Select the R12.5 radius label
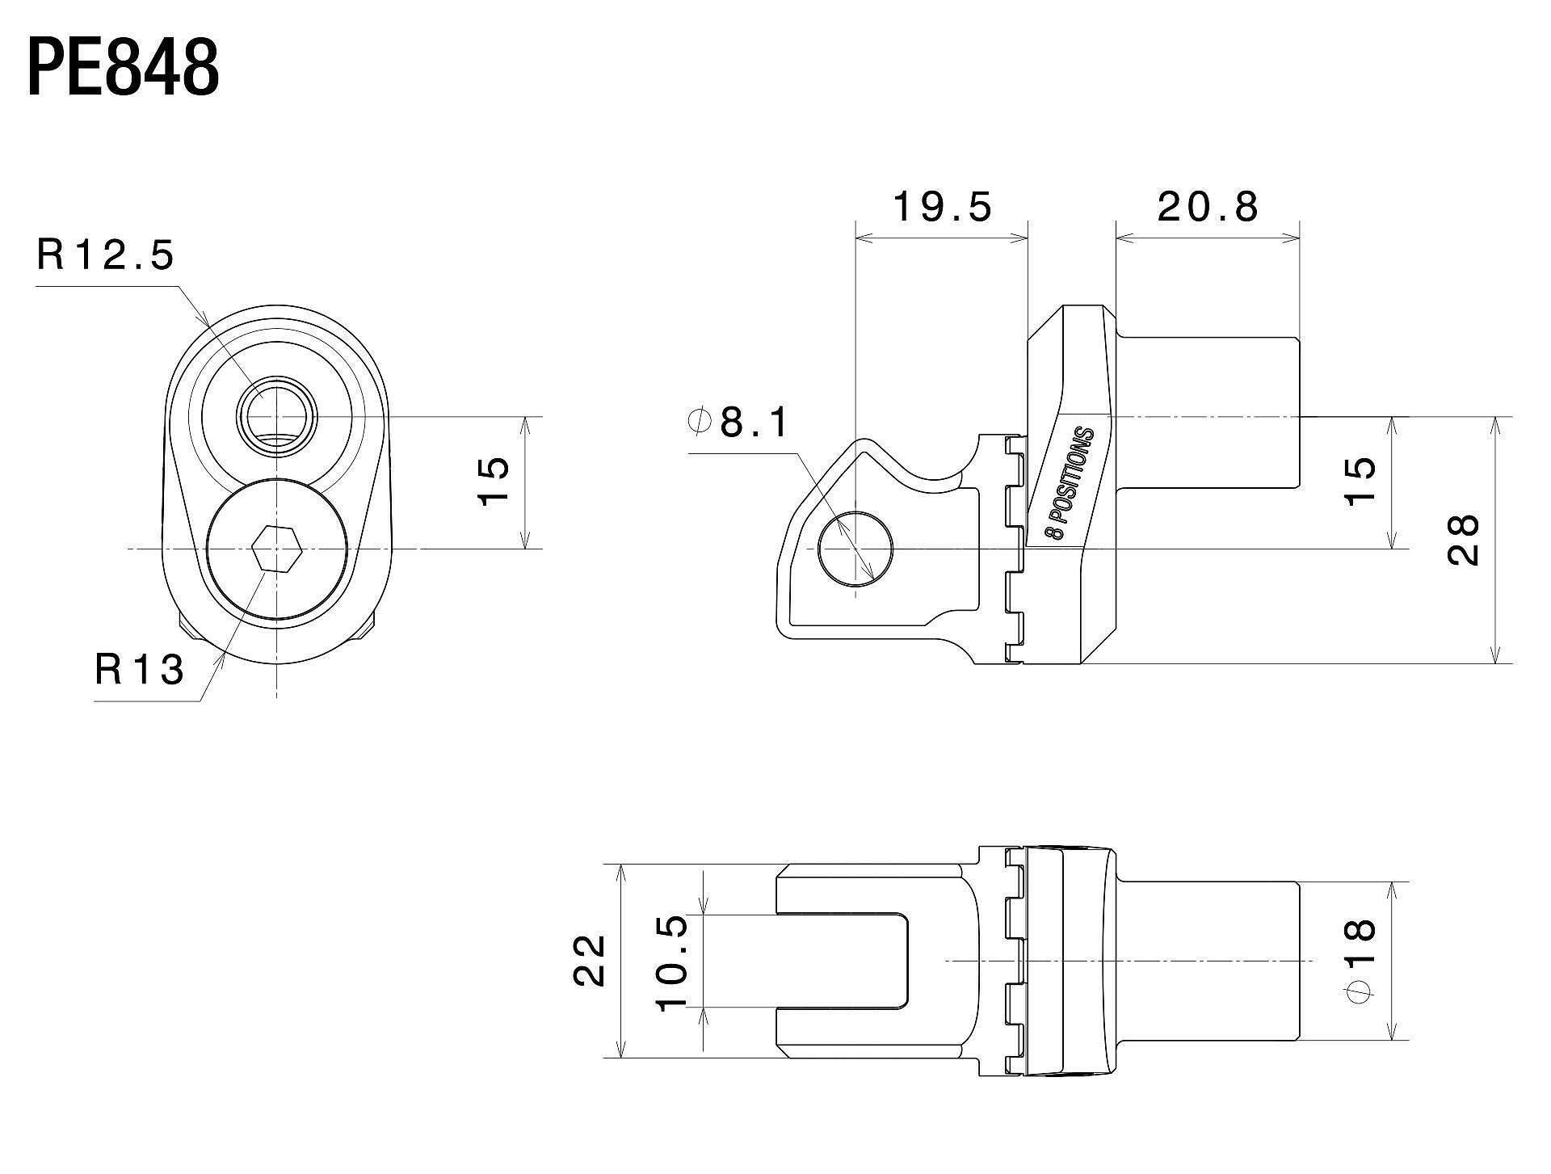point(105,255)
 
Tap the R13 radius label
point(140,670)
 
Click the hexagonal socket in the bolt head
point(277,549)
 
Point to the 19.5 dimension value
point(942,207)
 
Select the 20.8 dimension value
point(1208,207)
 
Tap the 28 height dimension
point(1464,540)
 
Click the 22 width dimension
point(590,960)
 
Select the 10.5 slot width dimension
point(672,962)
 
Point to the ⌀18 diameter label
point(1361,960)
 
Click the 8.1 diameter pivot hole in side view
point(855,549)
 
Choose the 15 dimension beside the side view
point(1360,482)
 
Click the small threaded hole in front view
point(277,417)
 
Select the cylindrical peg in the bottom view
point(1208,961)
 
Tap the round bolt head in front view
point(277,549)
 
